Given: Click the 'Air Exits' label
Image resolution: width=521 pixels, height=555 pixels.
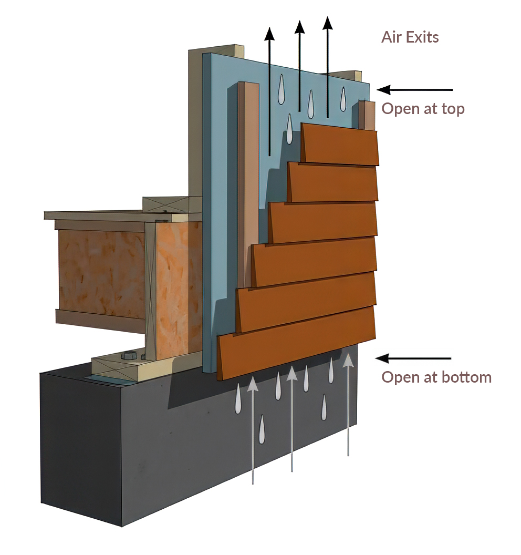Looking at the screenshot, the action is pyautogui.click(x=410, y=37).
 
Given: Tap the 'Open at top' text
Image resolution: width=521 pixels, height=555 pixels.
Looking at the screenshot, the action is pyautogui.click(x=423, y=109).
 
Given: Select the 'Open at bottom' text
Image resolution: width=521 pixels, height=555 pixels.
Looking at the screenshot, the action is pyautogui.click(x=436, y=377).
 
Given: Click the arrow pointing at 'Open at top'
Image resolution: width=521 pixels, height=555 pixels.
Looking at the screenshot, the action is pyautogui.click(x=414, y=89).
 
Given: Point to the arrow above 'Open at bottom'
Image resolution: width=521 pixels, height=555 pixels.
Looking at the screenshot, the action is pyautogui.click(x=413, y=358).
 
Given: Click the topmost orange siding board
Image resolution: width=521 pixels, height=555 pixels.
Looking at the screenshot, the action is pyautogui.click(x=340, y=144).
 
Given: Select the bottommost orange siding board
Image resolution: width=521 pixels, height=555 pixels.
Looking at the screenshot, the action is pyautogui.click(x=296, y=343).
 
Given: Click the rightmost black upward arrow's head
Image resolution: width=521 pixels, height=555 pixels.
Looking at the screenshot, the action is pyautogui.click(x=328, y=23).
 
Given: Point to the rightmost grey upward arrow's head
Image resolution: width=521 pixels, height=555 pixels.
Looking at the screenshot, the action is pyautogui.click(x=348, y=359).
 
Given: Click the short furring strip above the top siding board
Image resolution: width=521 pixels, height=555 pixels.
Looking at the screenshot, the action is pyautogui.click(x=367, y=115).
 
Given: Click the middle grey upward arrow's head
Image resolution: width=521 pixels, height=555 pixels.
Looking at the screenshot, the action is pyautogui.click(x=292, y=374).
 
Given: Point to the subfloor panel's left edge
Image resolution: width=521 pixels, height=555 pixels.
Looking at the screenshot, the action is pyautogui.click(x=45, y=215).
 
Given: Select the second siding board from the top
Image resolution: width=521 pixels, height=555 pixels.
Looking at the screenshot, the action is pyautogui.click(x=332, y=182).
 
